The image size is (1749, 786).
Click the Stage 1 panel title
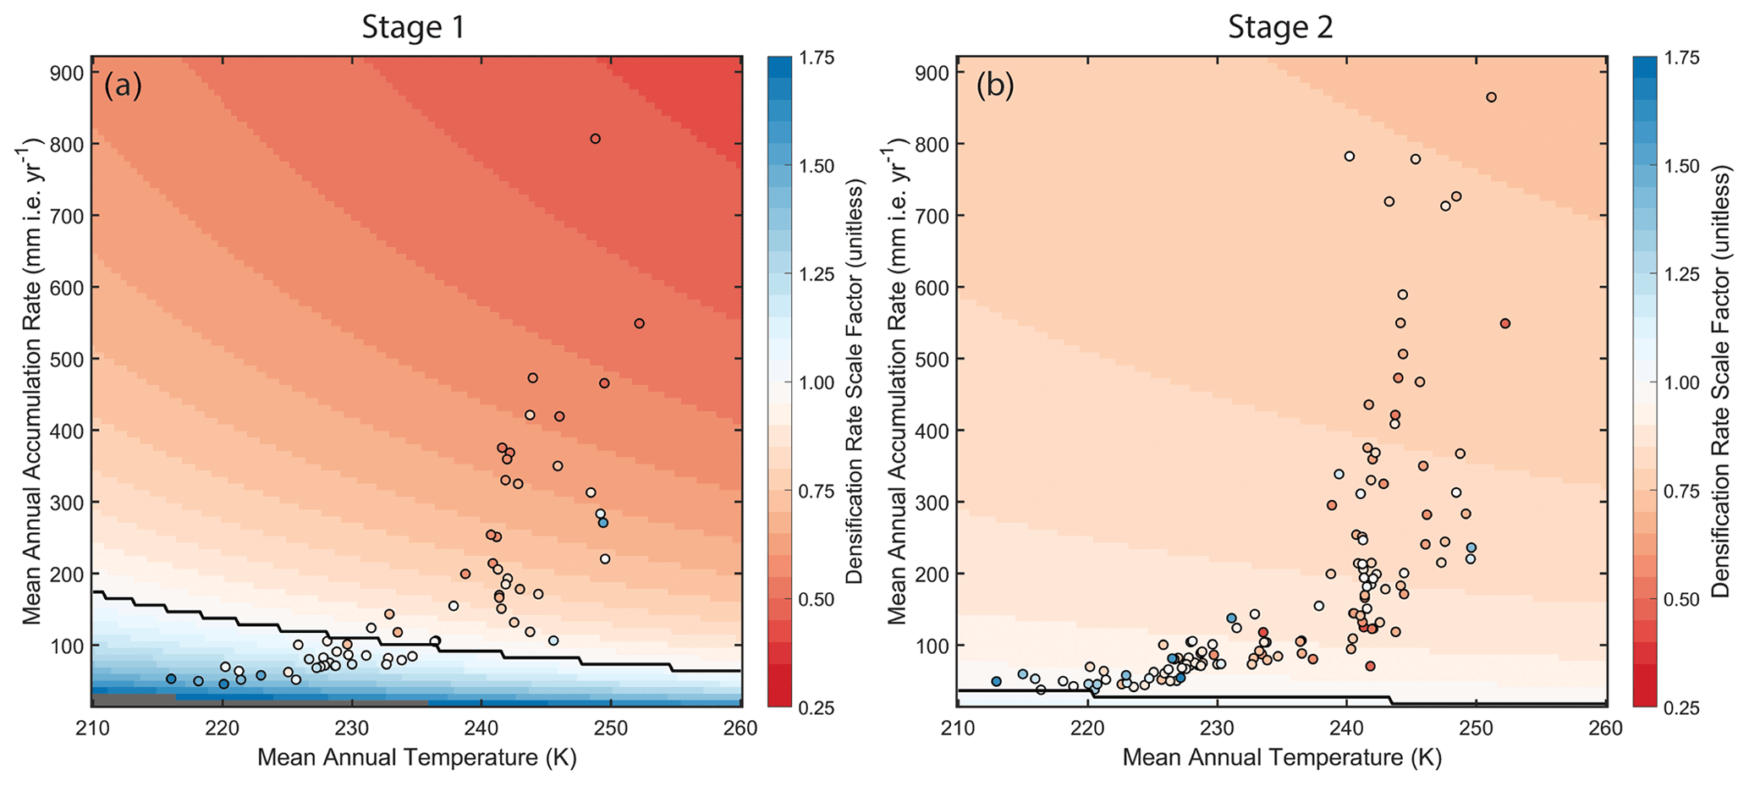pos(413,27)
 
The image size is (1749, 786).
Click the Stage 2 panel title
pos(1280,27)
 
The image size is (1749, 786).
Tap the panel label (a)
pos(123,86)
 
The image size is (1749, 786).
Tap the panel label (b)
pos(995,86)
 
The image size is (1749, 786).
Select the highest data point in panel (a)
pos(595,139)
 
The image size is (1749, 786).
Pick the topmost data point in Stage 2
pos(1491,97)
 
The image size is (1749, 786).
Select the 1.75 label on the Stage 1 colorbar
pos(817,58)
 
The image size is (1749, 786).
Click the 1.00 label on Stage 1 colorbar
pos(817,382)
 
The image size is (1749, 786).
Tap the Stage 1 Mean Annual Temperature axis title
pos(416,757)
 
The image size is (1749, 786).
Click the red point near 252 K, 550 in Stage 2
pos(1504,323)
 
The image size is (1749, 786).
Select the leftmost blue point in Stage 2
pos(996,681)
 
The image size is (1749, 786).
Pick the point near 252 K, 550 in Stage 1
pos(639,323)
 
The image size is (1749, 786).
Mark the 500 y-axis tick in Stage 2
pos(932,359)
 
